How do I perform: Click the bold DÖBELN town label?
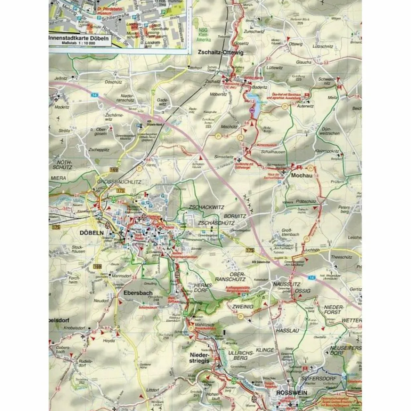click(92, 232)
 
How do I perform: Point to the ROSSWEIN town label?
click(291, 393)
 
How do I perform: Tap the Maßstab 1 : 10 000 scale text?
click(78, 43)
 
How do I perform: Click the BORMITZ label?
click(235, 216)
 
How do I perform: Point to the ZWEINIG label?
click(243, 306)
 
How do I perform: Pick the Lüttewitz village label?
click(274, 68)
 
